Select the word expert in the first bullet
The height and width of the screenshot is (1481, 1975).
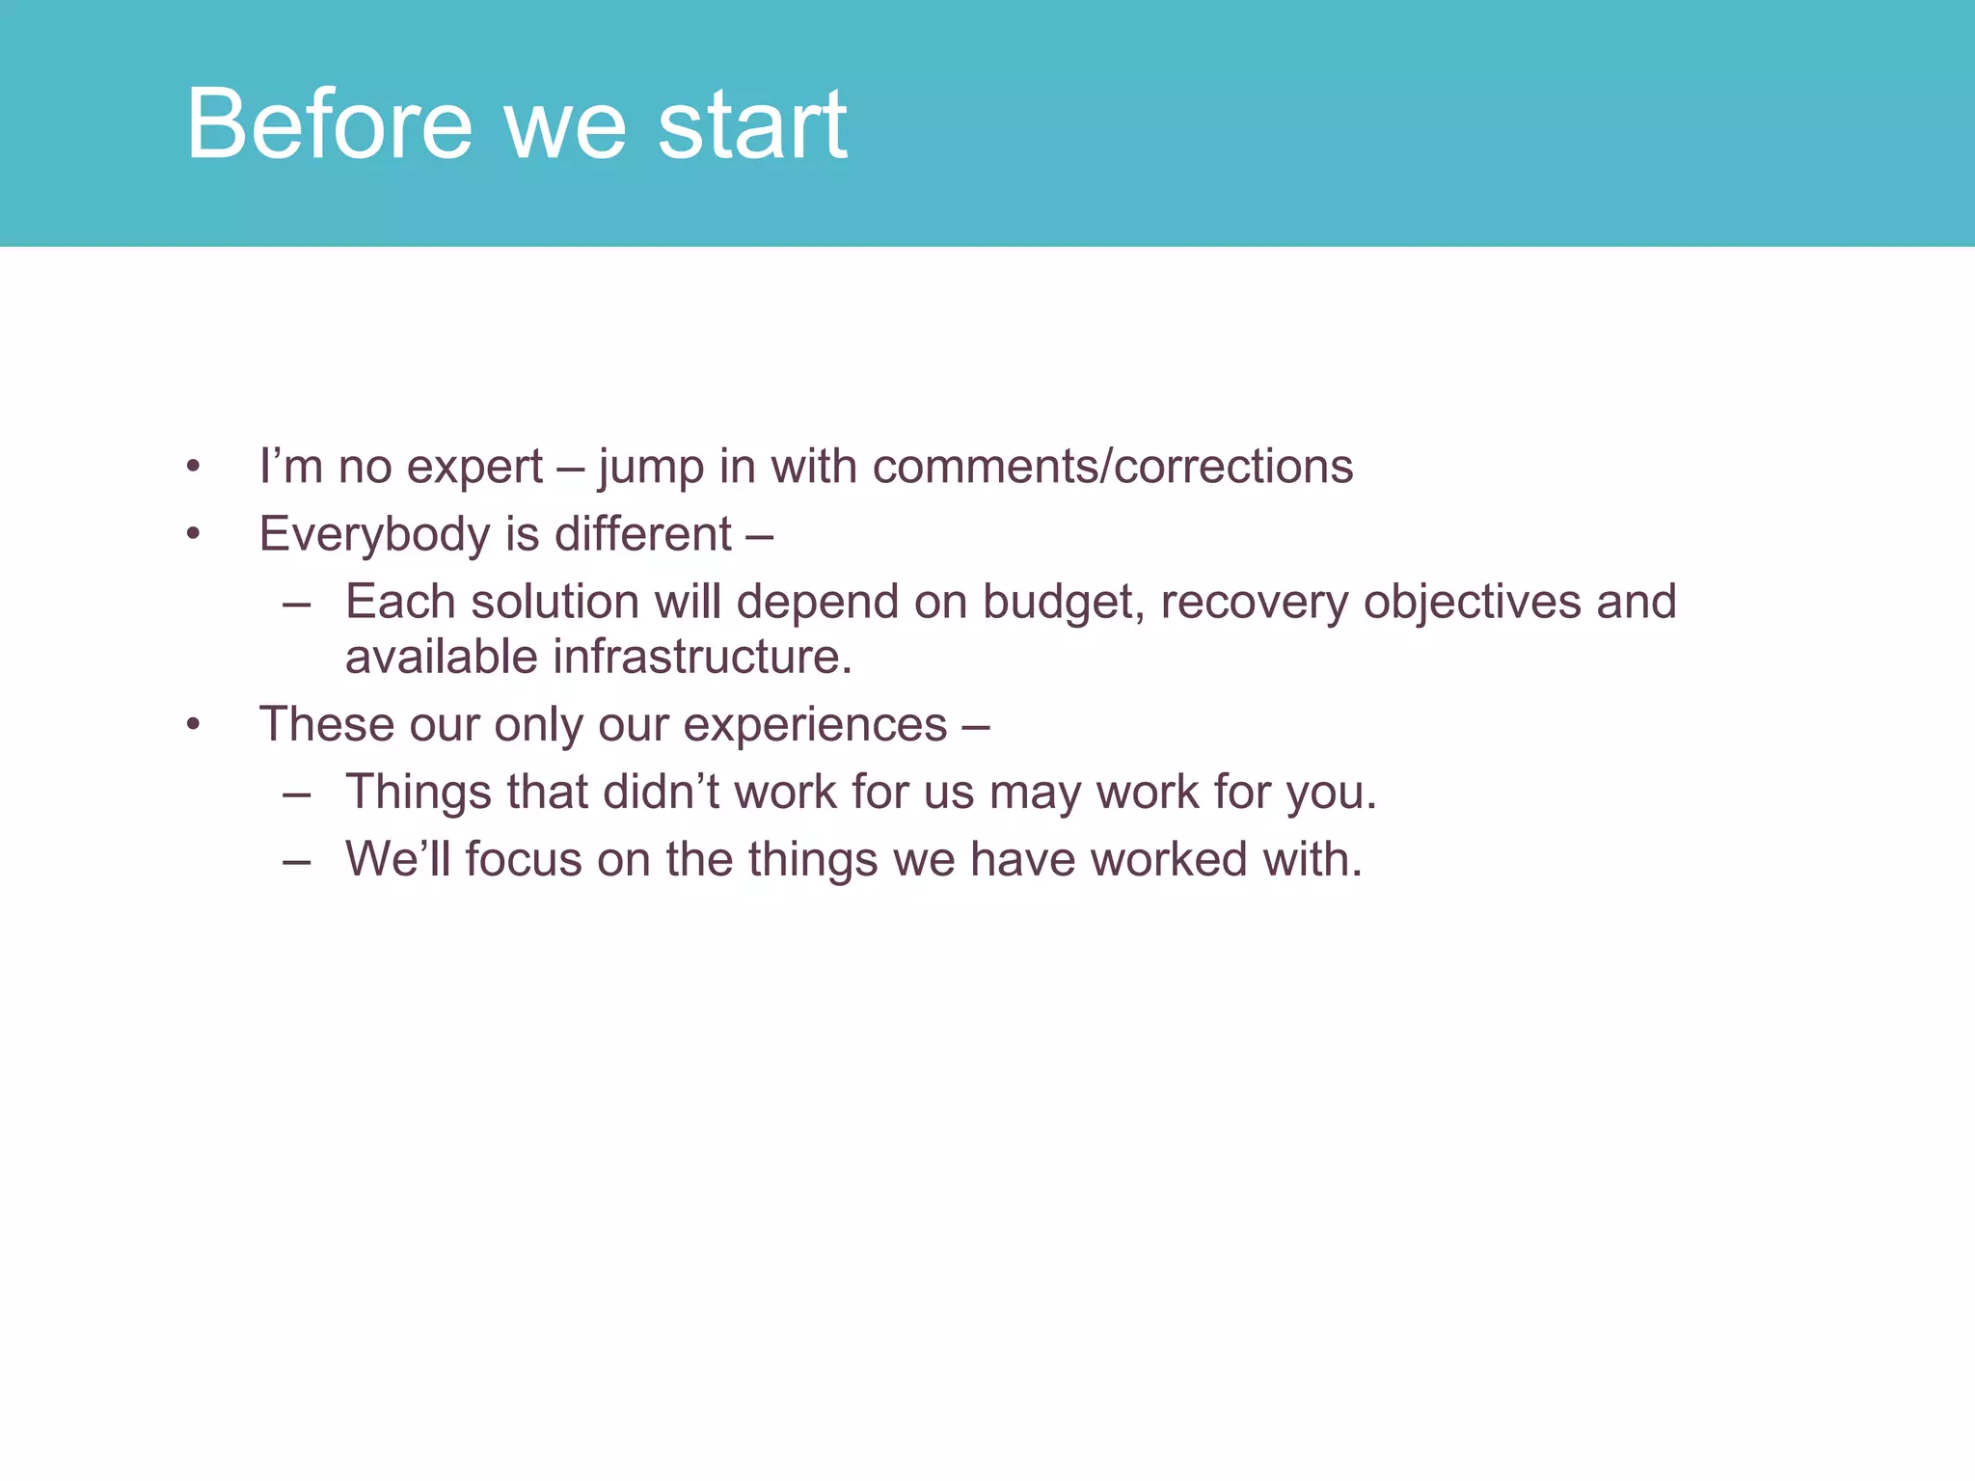pos(474,467)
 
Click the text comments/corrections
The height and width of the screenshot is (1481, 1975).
pos(1113,467)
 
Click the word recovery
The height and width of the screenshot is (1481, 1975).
pos(1254,603)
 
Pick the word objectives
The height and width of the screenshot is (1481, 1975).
pos(1472,603)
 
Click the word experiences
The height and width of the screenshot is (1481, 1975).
pos(815,725)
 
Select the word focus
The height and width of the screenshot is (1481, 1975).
pos(524,859)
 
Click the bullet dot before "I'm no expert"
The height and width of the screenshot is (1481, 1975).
pos(194,469)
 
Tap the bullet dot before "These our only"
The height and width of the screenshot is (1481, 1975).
pos(194,725)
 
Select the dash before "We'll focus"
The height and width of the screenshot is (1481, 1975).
pos(297,861)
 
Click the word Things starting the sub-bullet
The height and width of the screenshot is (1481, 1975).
pos(419,793)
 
